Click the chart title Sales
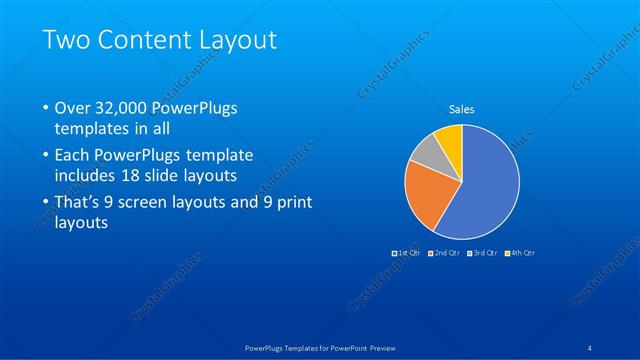point(461,109)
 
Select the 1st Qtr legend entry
point(408,252)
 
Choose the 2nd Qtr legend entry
point(444,252)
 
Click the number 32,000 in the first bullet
point(124,107)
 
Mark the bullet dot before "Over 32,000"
point(46,108)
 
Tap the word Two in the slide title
point(64,40)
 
